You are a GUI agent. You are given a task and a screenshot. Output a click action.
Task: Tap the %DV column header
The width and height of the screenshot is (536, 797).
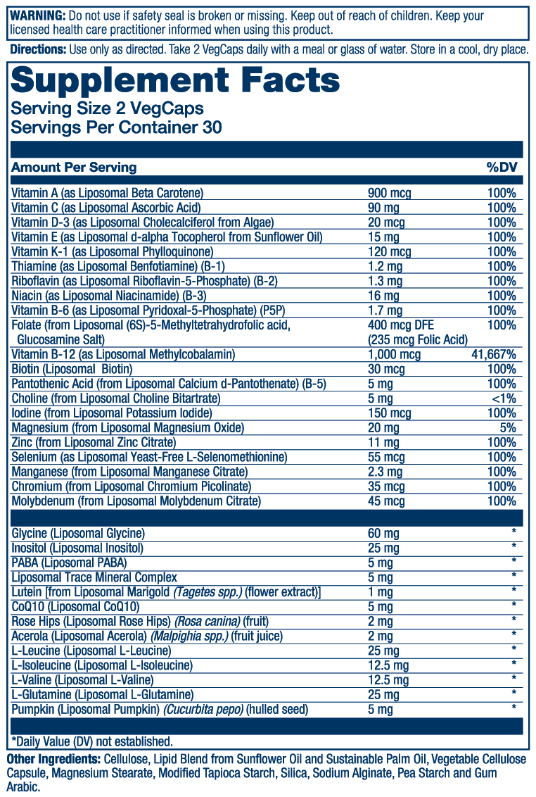[x=501, y=168]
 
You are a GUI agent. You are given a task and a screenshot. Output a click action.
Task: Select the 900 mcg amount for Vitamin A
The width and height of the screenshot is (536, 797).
[x=390, y=193]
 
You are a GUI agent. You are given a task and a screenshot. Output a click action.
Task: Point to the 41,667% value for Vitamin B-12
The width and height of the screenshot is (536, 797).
[x=494, y=355]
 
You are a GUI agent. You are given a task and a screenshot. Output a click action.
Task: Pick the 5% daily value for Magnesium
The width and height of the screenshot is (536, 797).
[x=508, y=427]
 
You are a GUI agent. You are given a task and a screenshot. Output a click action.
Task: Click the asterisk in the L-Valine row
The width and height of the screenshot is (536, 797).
[x=514, y=679]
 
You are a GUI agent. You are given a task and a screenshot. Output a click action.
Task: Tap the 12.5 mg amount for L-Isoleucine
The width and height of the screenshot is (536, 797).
[x=388, y=665]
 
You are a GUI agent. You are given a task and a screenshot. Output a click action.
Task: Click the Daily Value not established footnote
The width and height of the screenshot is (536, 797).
[x=92, y=741]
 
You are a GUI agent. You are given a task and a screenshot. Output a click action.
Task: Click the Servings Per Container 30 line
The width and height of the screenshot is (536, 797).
[x=117, y=127]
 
